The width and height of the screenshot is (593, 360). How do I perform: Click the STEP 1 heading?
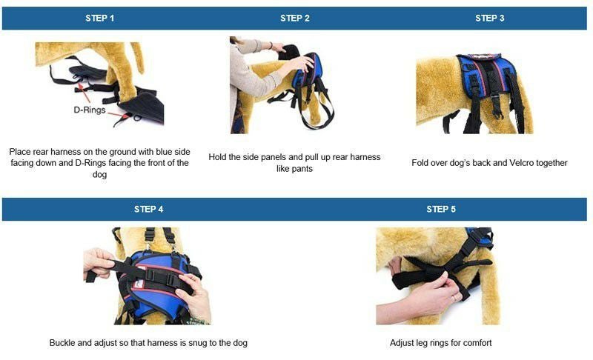point(99,18)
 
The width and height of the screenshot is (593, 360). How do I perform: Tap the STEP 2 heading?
point(294,18)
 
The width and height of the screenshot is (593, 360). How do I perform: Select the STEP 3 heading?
point(490,18)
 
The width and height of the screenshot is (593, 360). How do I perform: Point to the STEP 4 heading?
point(149,210)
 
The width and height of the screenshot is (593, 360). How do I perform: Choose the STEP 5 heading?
point(441,210)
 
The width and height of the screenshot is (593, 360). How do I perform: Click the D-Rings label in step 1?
point(90,110)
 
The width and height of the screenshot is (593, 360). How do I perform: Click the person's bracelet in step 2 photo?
point(271,45)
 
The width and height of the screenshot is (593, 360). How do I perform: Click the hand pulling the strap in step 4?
point(98,263)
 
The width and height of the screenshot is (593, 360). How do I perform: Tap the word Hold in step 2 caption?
point(217,157)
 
